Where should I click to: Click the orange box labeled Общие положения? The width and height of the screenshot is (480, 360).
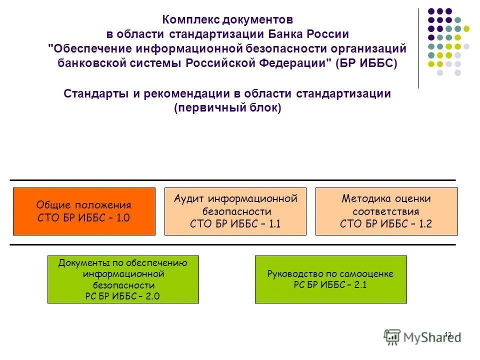pos(84,211)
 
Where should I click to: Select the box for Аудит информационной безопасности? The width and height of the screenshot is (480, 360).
pos(235,211)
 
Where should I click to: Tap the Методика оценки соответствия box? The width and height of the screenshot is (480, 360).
pos(386,211)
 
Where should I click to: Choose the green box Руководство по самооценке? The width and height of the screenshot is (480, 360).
pos(330,279)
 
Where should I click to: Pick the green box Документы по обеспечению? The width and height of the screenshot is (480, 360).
pos(123,279)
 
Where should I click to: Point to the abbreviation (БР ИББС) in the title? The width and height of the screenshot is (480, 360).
pos(366,63)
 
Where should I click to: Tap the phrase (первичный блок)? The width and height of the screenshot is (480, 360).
pos(227,108)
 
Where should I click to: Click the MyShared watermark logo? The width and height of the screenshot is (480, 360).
pos(422,336)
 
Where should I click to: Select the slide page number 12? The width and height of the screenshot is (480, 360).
pos(448,334)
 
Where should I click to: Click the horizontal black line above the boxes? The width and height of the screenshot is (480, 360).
pos(232,180)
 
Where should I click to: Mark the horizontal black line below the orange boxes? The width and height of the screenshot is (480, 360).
pos(232,244)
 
